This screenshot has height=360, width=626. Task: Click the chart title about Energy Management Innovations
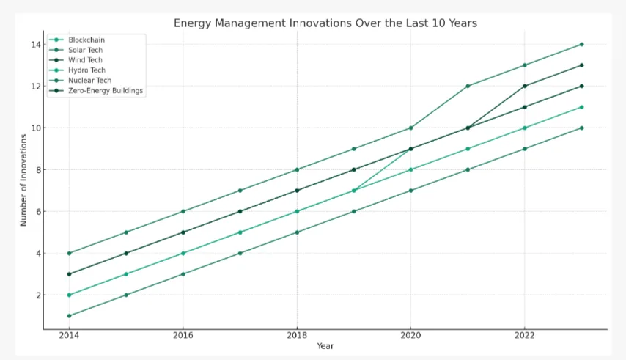coord(325,23)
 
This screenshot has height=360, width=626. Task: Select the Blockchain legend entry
coord(86,40)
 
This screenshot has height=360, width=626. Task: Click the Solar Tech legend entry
coord(86,50)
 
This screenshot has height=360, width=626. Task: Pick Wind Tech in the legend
coord(86,60)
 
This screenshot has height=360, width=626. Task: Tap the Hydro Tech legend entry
coord(86,70)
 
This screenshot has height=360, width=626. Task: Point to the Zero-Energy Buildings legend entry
coord(106,91)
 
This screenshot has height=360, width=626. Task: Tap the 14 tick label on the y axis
coord(33,45)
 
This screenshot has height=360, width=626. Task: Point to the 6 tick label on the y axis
coord(35,212)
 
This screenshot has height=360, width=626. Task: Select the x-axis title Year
coord(325,345)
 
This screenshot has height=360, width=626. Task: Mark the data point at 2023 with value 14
coord(581,45)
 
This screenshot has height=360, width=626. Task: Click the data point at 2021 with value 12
coord(468,86)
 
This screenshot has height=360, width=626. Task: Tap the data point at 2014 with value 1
coord(69,316)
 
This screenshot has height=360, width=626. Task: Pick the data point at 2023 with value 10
coord(581,128)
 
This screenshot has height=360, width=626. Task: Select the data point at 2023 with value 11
coord(581,107)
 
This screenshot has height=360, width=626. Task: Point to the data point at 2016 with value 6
coord(183,211)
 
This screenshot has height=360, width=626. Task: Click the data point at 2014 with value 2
coord(69,295)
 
